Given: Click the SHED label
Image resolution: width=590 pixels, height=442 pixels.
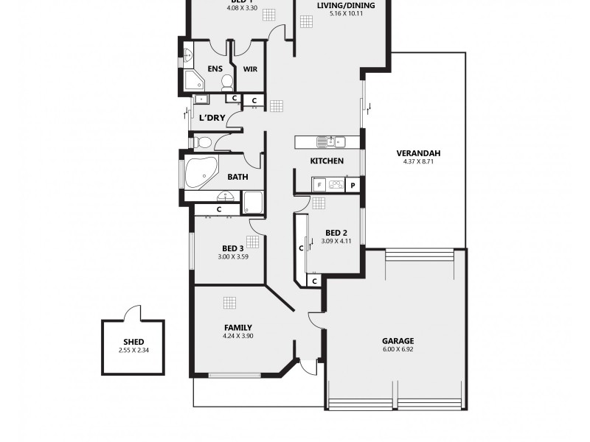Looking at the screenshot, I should [133, 340].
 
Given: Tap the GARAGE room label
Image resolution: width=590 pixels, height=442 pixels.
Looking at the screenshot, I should [398, 341].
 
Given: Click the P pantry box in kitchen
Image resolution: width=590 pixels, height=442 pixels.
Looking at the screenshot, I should [353, 186].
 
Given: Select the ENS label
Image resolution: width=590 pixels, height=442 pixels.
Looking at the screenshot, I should [215, 69].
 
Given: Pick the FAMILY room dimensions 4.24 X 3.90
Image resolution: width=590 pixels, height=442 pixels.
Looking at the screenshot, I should [238, 336].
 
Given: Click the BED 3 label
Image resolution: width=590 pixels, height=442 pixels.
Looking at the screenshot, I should [232, 249].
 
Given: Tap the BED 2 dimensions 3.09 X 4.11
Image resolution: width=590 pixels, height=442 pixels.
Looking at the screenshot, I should [341, 241].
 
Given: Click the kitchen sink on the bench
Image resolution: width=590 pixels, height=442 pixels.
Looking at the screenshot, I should [328, 141].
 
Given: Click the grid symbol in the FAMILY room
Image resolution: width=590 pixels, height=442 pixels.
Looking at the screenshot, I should [229, 302].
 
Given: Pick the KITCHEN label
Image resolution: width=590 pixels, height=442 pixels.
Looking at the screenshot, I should [326, 161].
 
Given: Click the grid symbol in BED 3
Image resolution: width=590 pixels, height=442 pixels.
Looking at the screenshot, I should [252, 241].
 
